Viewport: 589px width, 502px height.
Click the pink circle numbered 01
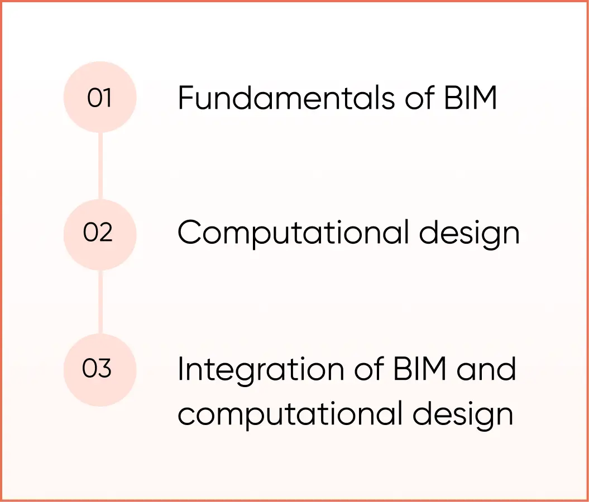[100, 98]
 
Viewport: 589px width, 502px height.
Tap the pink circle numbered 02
[100, 234]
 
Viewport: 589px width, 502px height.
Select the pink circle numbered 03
[100, 369]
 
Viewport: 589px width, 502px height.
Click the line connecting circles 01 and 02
[100, 166]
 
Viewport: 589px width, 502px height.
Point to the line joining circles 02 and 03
[100, 302]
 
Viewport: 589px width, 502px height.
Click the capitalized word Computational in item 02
[294, 234]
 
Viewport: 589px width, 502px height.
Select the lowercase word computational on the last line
[290, 414]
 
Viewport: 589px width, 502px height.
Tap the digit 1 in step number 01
[107, 98]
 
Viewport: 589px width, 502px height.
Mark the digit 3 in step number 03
[105, 369]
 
